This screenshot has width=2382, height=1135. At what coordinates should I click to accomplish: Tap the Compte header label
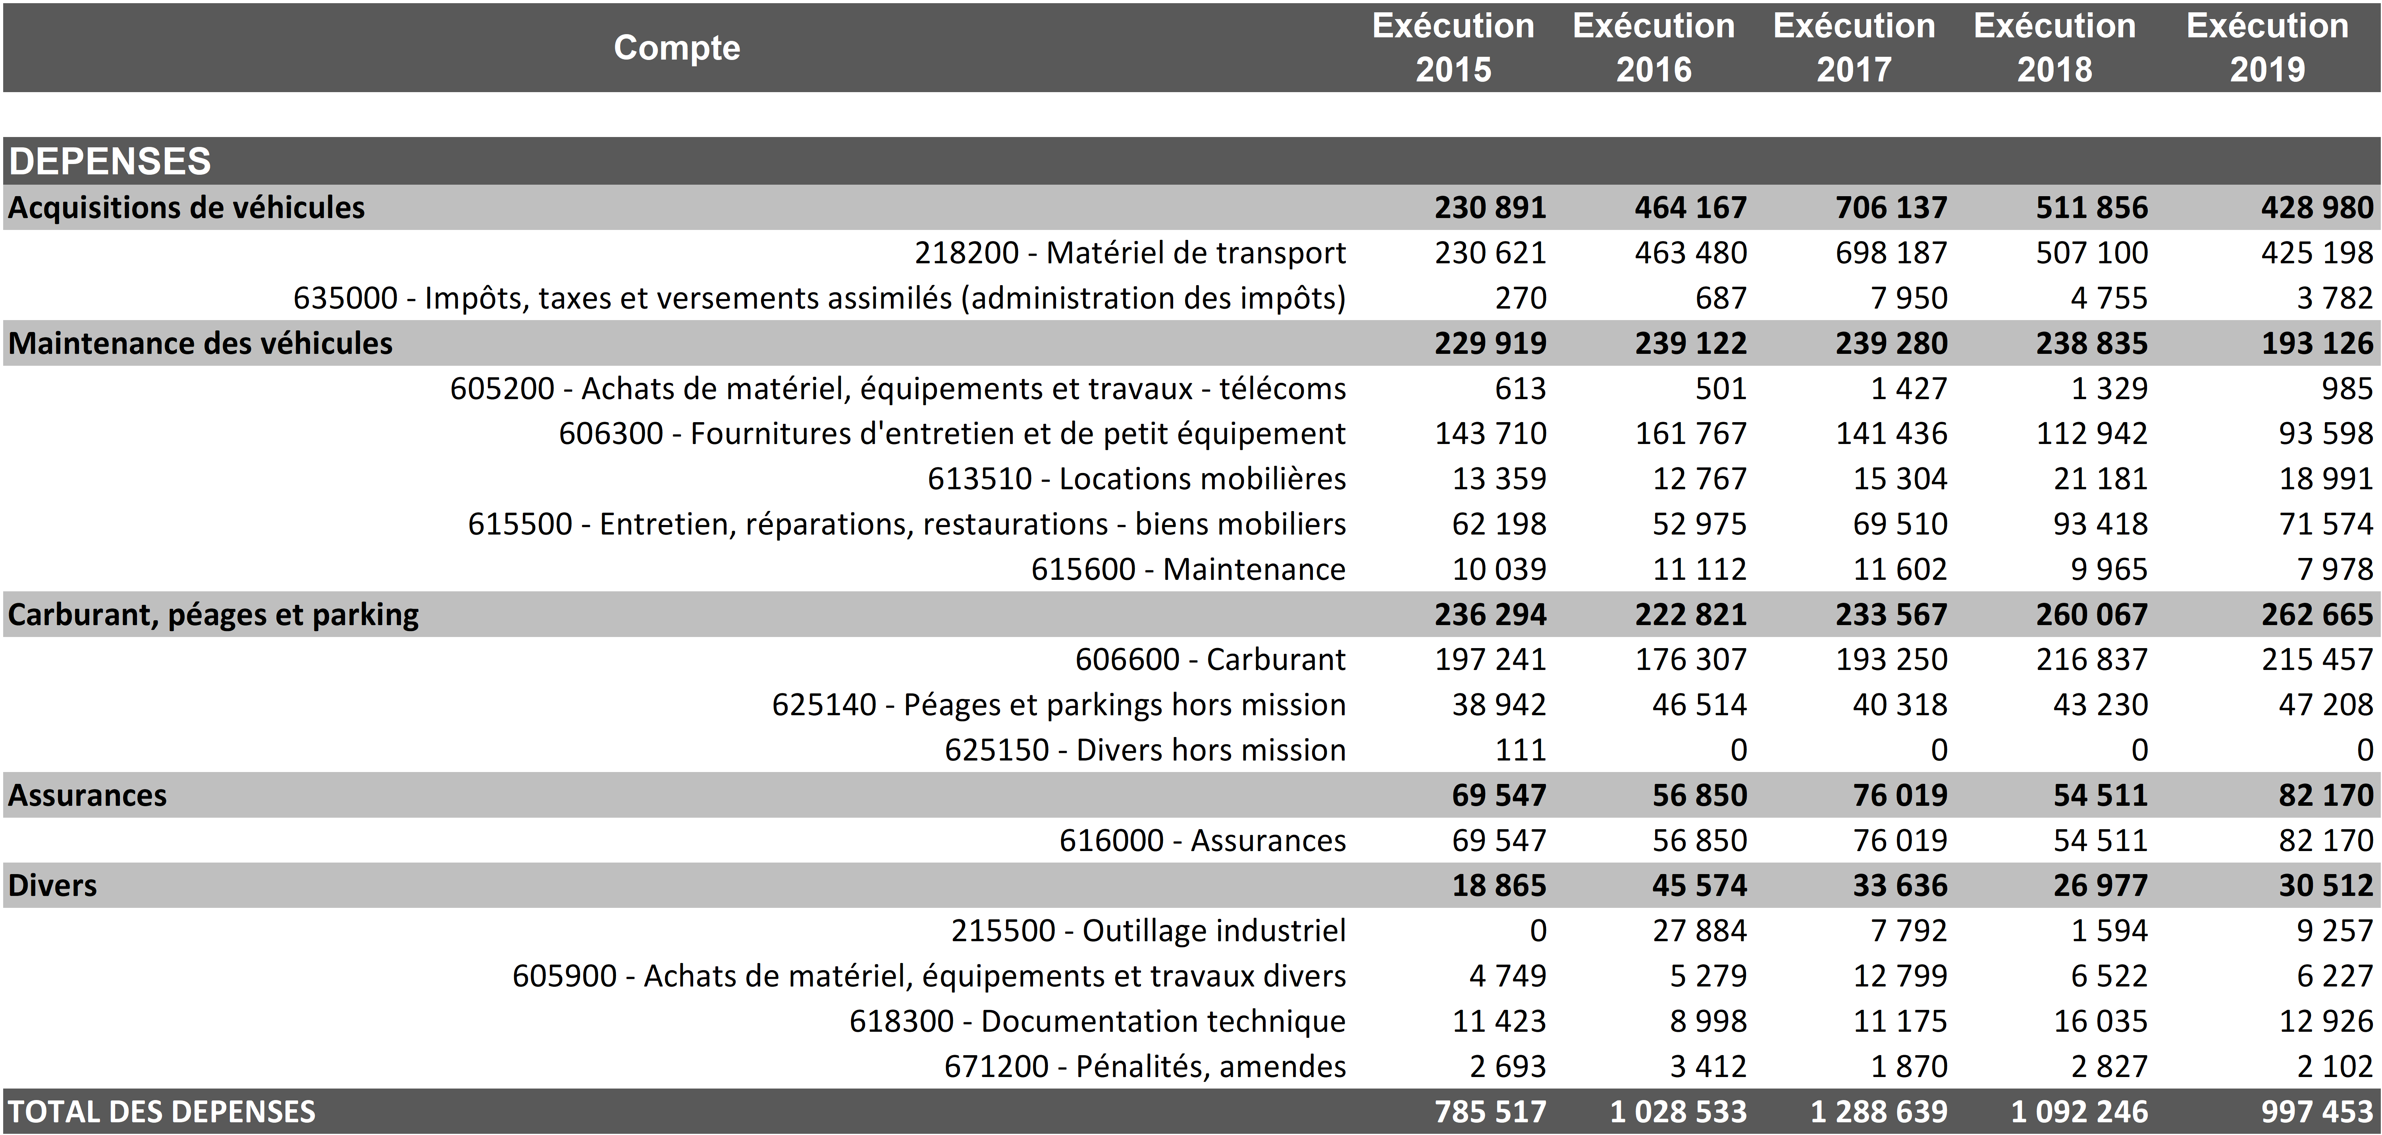click(x=677, y=47)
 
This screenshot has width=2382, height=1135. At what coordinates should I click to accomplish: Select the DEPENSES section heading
click(x=110, y=161)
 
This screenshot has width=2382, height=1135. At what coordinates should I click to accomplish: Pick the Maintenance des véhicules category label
click(x=200, y=343)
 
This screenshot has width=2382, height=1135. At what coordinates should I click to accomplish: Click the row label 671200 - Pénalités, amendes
click(x=1145, y=1067)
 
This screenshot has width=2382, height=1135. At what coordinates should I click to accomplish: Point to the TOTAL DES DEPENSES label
click(x=162, y=1111)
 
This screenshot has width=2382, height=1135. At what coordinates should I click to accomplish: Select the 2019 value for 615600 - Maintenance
click(x=2335, y=569)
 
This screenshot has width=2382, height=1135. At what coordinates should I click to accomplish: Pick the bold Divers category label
click(x=53, y=885)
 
